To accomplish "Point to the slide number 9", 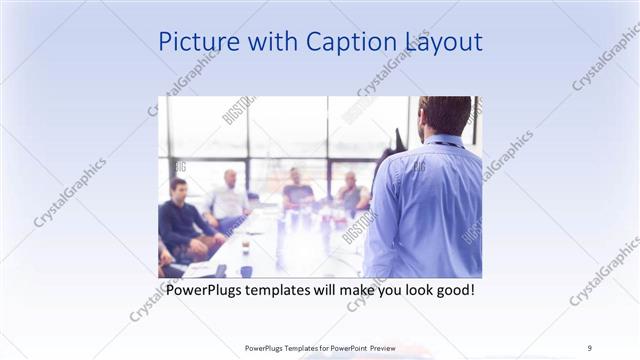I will (590, 347).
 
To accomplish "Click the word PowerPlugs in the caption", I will (204, 290).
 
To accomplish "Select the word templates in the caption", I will (285, 290).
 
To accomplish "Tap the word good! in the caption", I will (453, 290).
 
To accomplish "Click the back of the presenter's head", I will (444, 115).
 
